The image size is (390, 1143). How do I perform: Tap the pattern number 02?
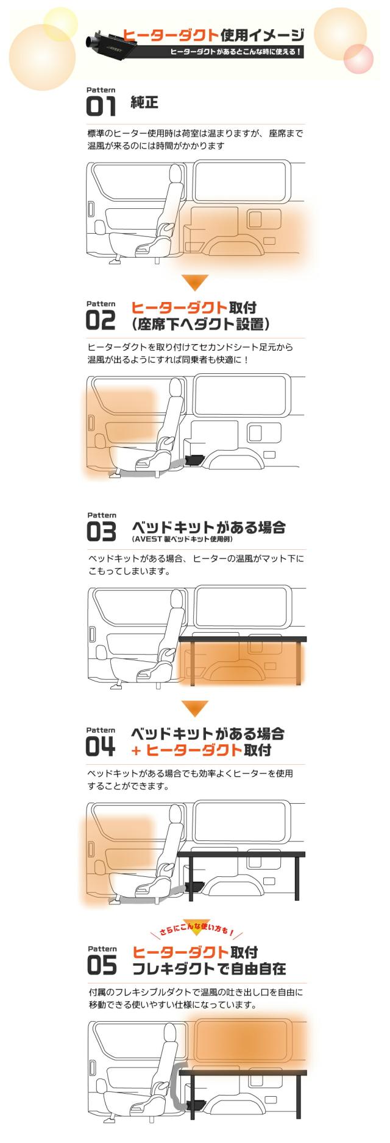[101, 320]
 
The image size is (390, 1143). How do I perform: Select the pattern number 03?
[101, 532]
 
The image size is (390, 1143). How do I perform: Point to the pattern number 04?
[101, 747]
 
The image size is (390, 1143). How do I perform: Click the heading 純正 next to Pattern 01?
[144, 102]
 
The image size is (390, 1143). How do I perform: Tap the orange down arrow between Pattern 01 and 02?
[195, 282]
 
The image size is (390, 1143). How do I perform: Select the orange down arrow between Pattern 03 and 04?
[195, 708]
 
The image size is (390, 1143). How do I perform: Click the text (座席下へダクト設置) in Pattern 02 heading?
[201, 324]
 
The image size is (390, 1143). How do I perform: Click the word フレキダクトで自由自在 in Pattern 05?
[209, 968]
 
